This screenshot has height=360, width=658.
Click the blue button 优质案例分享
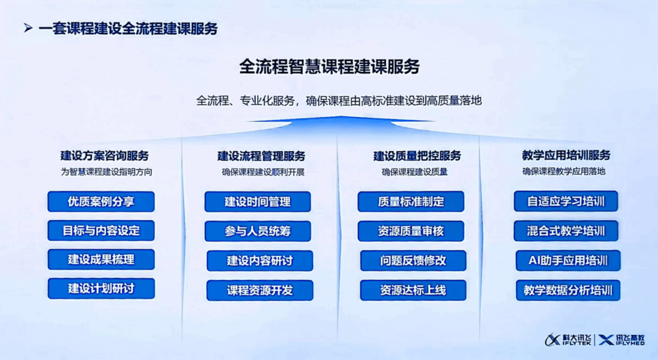point(101,202)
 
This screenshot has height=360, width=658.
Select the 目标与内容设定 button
point(101,230)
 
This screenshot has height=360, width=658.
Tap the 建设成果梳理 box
point(101,259)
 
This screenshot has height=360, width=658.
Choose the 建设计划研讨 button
point(101,288)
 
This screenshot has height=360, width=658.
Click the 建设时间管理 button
point(258,202)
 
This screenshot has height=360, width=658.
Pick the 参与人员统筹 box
point(258,231)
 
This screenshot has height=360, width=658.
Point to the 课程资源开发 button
point(260,291)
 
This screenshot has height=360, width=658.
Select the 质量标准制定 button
point(411,202)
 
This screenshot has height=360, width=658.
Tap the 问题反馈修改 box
point(413,261)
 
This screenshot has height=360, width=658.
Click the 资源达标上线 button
point(413,291)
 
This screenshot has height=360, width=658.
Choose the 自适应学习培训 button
point(565,202)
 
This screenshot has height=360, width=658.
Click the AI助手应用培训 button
point(568,261)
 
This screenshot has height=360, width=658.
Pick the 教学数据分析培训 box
point(568,291)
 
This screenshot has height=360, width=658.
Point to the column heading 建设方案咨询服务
point(105,156)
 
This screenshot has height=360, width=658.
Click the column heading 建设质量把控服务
point(417,156)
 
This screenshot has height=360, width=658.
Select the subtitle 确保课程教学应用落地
point(564,171)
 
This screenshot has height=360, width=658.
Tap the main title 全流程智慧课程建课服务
point(330,67)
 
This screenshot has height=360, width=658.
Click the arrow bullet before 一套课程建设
point(28,28)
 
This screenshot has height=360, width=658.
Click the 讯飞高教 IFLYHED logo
point(621,340)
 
